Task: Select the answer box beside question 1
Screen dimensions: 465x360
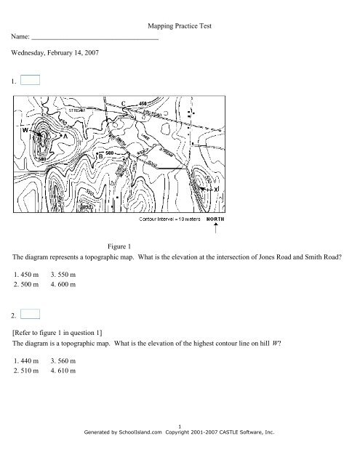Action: tap(31, 81)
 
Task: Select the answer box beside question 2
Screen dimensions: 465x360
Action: tap(31, 314)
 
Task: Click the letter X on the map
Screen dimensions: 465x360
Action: tap(217, 189)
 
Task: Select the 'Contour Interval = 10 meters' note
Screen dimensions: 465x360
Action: tap(169, 219)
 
